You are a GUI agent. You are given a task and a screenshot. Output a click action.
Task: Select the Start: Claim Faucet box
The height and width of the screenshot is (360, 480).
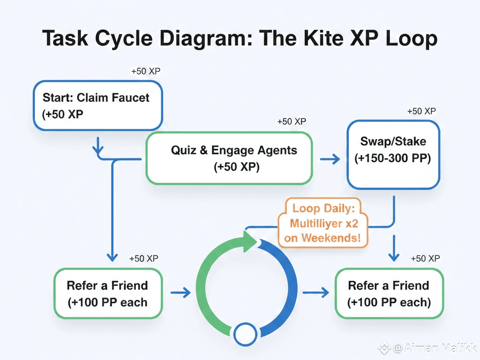coord(97,105)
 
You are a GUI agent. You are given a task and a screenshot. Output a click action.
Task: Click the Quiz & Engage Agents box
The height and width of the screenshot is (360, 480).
coord(229,158)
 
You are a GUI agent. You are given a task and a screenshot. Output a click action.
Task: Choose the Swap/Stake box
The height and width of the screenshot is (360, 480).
coord(393,155)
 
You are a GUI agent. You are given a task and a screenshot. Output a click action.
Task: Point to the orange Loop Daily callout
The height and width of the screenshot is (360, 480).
coord(323,223)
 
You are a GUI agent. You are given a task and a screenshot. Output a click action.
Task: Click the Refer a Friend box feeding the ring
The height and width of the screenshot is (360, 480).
coord(108,293)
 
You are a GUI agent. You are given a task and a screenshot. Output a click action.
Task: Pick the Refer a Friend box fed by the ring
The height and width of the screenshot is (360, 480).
coord(389,293)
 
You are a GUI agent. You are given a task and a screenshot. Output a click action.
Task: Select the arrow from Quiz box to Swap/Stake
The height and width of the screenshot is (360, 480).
coord(330,159)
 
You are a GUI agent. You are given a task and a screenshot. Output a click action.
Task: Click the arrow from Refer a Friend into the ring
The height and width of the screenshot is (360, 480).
coord(180,292)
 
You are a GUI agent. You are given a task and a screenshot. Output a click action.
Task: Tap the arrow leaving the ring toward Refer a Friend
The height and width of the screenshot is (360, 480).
coord(315,292)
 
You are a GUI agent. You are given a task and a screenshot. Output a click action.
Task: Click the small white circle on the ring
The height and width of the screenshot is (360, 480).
coord(245,334)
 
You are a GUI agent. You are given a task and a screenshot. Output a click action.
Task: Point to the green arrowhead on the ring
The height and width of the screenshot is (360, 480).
coord(250,241)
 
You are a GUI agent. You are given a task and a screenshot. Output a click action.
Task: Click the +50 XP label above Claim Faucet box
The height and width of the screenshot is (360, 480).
coord(146,71)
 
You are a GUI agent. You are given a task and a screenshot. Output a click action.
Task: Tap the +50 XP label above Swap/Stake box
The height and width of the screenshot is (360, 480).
coord(421,111)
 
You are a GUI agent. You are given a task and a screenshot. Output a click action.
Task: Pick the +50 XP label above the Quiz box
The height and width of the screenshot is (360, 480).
coord(292,121)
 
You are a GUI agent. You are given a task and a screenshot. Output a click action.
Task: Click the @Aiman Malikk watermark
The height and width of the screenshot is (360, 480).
coord(427,348)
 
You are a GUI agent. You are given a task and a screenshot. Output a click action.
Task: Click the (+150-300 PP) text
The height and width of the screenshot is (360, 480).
coord(393,158)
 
